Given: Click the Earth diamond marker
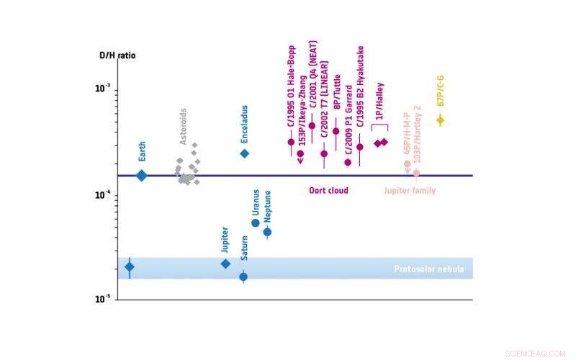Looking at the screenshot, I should click(142, 175).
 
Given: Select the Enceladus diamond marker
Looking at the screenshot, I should click(244, 153).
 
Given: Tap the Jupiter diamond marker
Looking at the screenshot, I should click(225, 264).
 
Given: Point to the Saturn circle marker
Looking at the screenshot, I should click(243, 276).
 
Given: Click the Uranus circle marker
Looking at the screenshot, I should click(256, 223).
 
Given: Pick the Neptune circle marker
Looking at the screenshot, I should click(267, 232).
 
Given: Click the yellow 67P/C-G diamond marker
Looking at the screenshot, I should click(441, 120).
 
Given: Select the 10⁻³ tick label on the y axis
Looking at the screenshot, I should click(104, 89).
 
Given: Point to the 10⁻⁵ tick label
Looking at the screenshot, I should click(104, 299).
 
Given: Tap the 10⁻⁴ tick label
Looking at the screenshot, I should click(104, 194).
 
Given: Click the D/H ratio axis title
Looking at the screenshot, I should click(117, 55).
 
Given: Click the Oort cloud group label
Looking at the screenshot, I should click(328, 191).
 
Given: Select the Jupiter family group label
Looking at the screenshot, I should click(410, 191).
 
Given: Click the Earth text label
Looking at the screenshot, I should click(143, 151).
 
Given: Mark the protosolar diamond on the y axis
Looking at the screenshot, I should click(130, 267).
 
